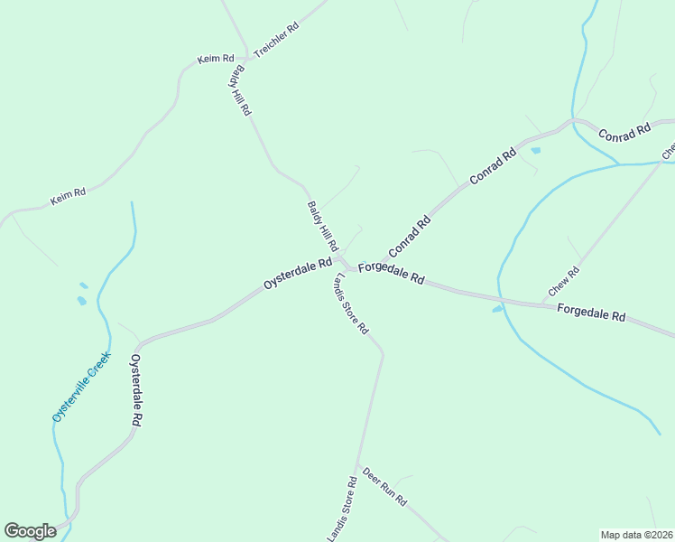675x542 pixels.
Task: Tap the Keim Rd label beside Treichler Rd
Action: coord(216,60)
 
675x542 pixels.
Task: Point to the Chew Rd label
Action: coord(563,284)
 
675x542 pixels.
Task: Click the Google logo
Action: coord(30,531)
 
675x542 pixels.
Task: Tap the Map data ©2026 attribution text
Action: coord(636,534)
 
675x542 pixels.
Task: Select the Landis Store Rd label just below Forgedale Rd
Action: coord(350,303)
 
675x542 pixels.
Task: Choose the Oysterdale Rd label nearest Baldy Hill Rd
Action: coord(298,271)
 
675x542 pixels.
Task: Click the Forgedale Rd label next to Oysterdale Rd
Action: coord(391,273)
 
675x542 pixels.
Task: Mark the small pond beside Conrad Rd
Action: coord(535,150)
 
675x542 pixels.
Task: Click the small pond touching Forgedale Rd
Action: coord(497,309)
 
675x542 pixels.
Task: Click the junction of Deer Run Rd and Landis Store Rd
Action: coord(359,464)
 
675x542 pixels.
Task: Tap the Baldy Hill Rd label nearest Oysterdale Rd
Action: coord(322,226)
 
